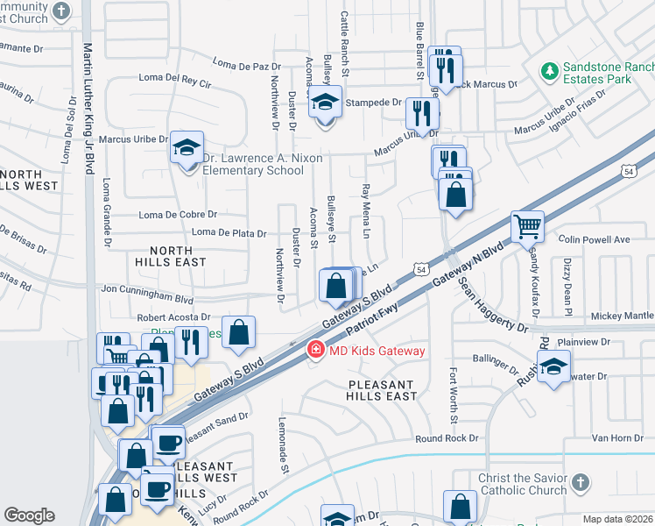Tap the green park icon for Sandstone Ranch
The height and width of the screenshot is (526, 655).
click(x=550, y=70)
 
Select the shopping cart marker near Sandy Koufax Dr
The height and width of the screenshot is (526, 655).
click(x=528, y=227)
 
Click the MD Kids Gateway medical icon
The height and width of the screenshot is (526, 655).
click(x=314, y=351)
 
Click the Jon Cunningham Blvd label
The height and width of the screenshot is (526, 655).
click(x=147, y=288)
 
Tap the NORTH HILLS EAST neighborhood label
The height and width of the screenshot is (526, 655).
click(x=171, y=255)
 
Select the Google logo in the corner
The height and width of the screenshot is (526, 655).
click(x=29, y=515)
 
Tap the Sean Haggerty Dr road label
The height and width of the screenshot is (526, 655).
click(x=490, y=306)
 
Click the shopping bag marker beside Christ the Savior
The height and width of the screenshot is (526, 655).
click(x=460, y=508)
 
